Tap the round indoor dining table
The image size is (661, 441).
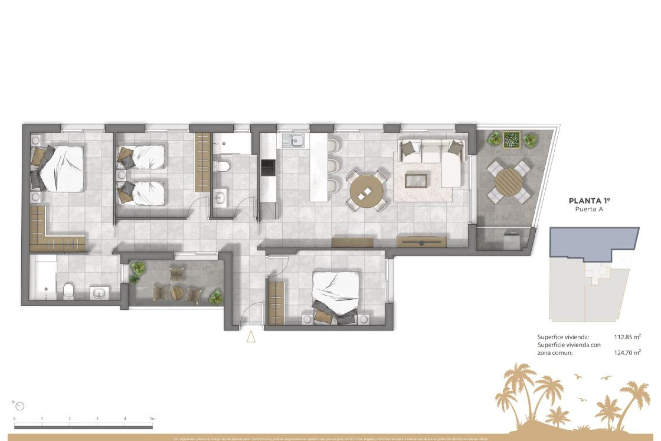(366, 192)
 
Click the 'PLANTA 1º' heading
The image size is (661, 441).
(589, 201)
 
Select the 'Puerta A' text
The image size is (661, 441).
(589, 209)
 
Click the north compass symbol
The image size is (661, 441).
(20, 406)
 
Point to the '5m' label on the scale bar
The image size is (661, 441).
(153, 419)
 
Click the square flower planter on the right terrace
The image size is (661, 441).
(511, 140)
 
